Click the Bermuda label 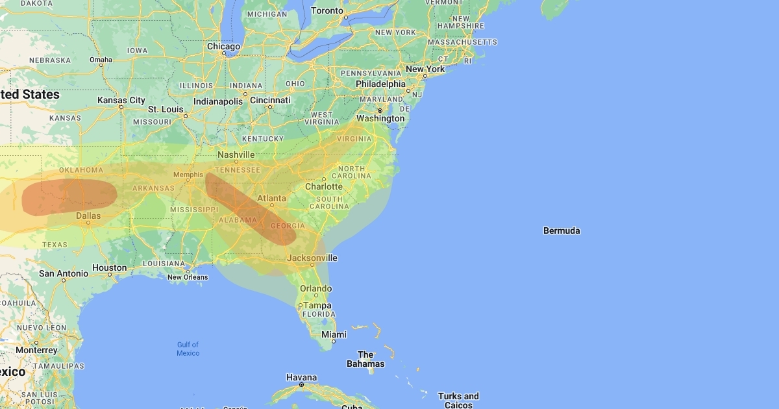[x=562, y=231]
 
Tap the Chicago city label [x=223, y=47]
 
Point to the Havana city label [x=301, y=378]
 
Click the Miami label [x=334, y=334]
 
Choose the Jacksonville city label [x=312, y=258]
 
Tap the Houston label [x=110, y=268]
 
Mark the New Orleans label [x=188, y=277]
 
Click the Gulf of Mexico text [x=188, y=349]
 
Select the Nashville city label [x=236, y=155]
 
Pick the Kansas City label [x=121, y=101]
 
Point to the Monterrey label [x=37, y=351]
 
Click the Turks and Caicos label [x=458, y=401]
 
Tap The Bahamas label [x=365, y=359]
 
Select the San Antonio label [x=64, y=274]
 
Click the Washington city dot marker [x=380, y=110]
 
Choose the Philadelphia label [x=380, y=84]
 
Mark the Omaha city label [x=101, y=60]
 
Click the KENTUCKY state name [x=263, y=139]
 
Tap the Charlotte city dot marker [x=324, y=179]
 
